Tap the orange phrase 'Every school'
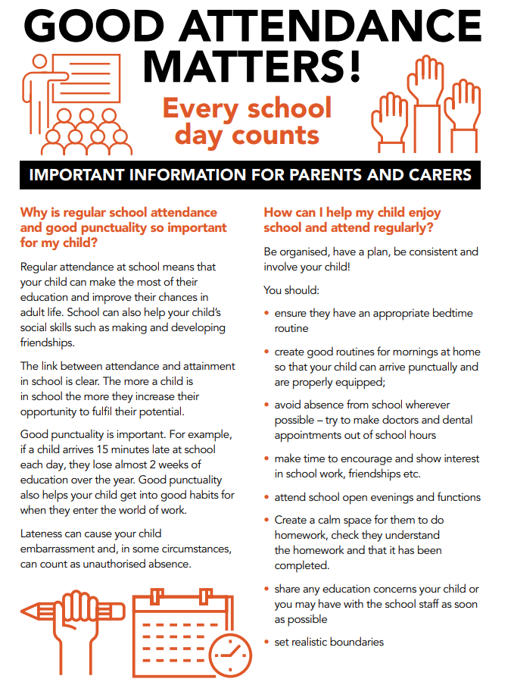248,108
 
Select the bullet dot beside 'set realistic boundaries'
266,643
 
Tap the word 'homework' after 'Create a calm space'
296,535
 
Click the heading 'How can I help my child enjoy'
352,212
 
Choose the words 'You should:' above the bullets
291,290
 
